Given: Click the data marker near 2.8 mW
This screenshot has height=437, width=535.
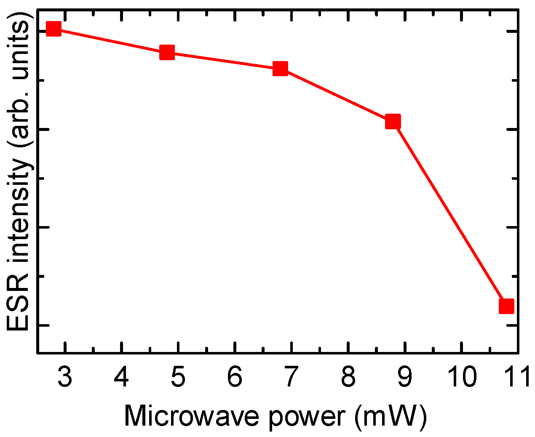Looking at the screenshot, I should pyautogui.click(x=53, y=29).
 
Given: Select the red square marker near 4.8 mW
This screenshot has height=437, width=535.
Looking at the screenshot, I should pyautogui.click(x=167, y=52).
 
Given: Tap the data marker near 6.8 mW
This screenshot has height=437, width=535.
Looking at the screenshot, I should pyautogui.click(x=280, y=68).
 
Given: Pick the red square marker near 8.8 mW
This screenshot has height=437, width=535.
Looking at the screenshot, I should pyautogui.click(x=393, y=122).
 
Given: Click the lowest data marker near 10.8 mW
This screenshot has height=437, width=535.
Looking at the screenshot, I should pyautogui.click(x=506, y=306).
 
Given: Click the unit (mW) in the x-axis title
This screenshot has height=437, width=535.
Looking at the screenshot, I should pyautogui.click(x=391, y=416).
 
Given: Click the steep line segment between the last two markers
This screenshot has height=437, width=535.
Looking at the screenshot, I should pyautogui.click(x=449, y=214).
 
